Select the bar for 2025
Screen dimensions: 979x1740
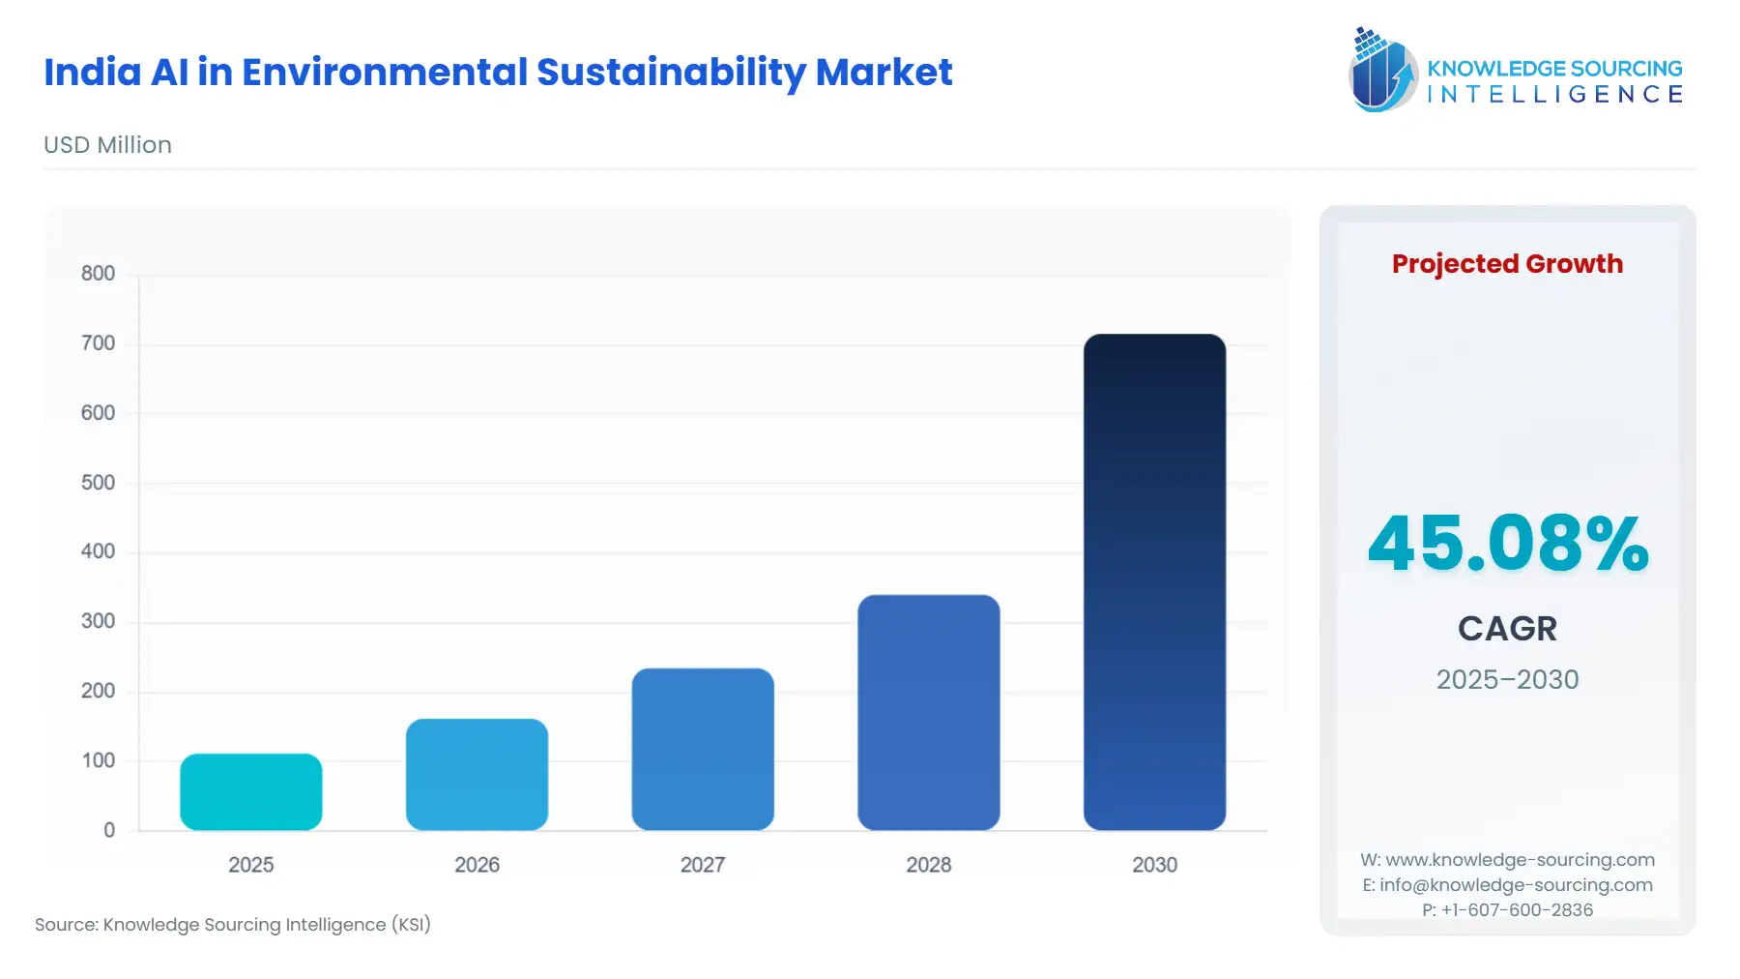(x=250, y=791)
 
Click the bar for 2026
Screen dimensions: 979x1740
(x=477, y=774)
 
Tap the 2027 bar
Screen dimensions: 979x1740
(x=703, y=749)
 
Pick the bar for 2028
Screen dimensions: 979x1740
(x=928, y=712)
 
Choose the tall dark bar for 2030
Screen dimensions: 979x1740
(x=1154, y=581)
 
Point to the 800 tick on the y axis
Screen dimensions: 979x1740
(x=98, y=274)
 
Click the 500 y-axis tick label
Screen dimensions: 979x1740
(x=98, y=483)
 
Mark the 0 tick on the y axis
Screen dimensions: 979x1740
(x=109, y=830)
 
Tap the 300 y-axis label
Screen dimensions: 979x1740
(x=98, y=621)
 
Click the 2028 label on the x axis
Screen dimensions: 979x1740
(x=928, y=865)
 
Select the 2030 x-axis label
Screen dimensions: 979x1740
(x=1154, y=865)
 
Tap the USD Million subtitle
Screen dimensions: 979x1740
(x=107, y=145)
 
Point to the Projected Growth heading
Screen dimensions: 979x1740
(x=1507, y=264)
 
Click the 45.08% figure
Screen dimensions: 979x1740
(x=1507, y=544)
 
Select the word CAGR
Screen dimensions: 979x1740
(x=1507, y=629)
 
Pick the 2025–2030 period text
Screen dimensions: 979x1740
(x=1507, y=680)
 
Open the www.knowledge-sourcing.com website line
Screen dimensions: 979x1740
(x=1519, y=860)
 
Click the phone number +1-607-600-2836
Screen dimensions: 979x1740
(x=1517, y=910)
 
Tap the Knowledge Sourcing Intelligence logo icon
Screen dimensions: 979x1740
(x=1382, y=70)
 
